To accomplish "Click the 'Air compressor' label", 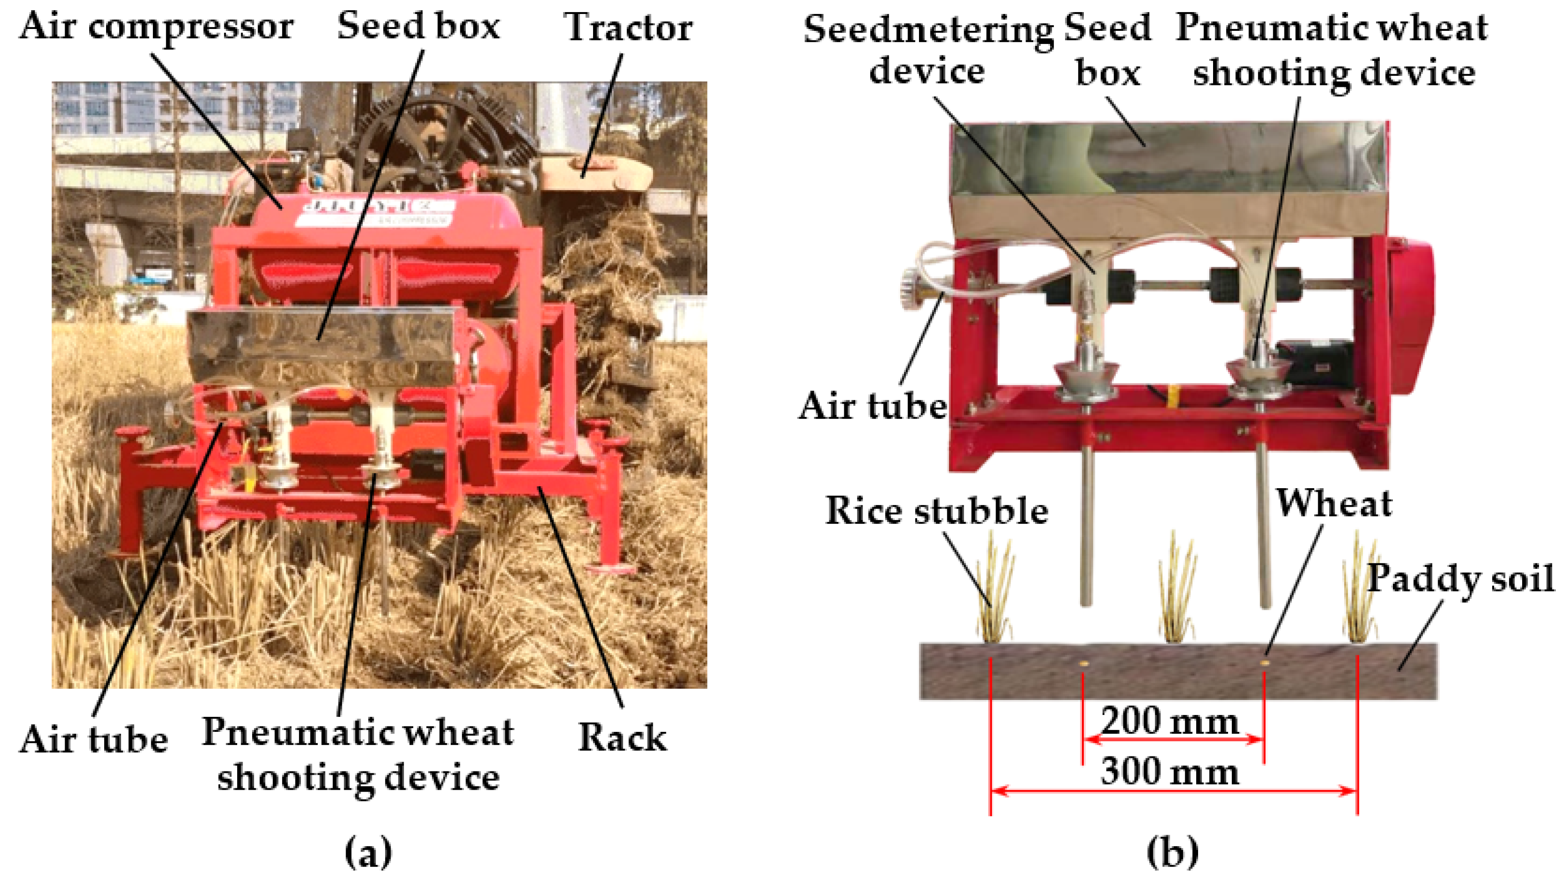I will tap(156, 27).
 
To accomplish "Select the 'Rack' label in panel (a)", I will tap(621, 737).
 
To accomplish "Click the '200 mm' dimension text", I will tap(1170, 722).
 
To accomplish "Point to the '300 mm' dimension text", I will tap(1170, 772).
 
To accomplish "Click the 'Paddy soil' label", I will tap(1459, 578).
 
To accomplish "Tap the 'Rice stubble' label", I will tap(936, 510).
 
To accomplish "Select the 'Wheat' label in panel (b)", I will tap(1333, 504).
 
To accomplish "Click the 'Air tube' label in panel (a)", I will tap(94, 740).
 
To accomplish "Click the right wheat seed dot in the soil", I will tap(1265, 662).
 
